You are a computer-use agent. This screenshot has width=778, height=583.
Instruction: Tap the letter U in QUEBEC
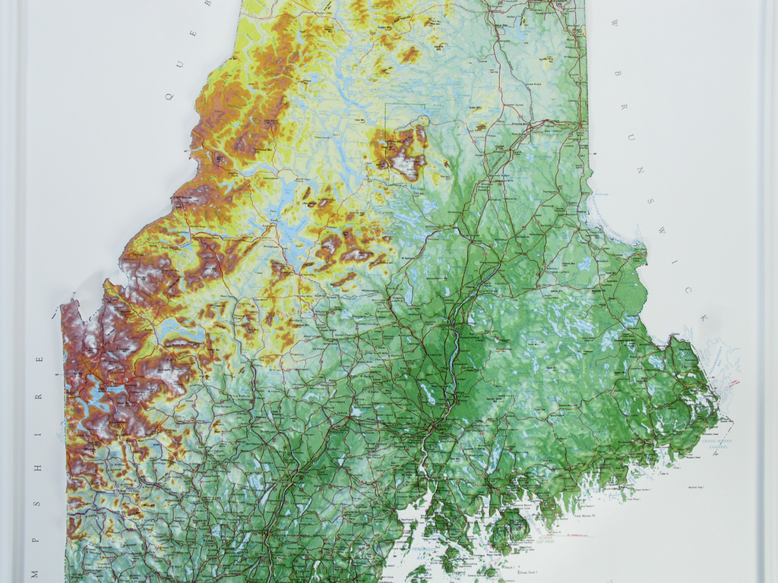pos(180,64)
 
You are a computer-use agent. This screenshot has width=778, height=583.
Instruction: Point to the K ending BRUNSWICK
pos(704,318)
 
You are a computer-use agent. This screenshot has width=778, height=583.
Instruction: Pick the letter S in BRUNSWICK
pos(651,201)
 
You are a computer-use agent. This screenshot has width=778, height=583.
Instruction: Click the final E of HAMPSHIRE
pos(40,360)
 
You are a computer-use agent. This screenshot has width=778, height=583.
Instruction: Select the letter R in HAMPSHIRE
pos(39,395)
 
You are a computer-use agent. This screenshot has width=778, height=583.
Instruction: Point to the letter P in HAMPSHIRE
pos(37,502)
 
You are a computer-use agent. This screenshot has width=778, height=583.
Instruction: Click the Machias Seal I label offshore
pos(694,487)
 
